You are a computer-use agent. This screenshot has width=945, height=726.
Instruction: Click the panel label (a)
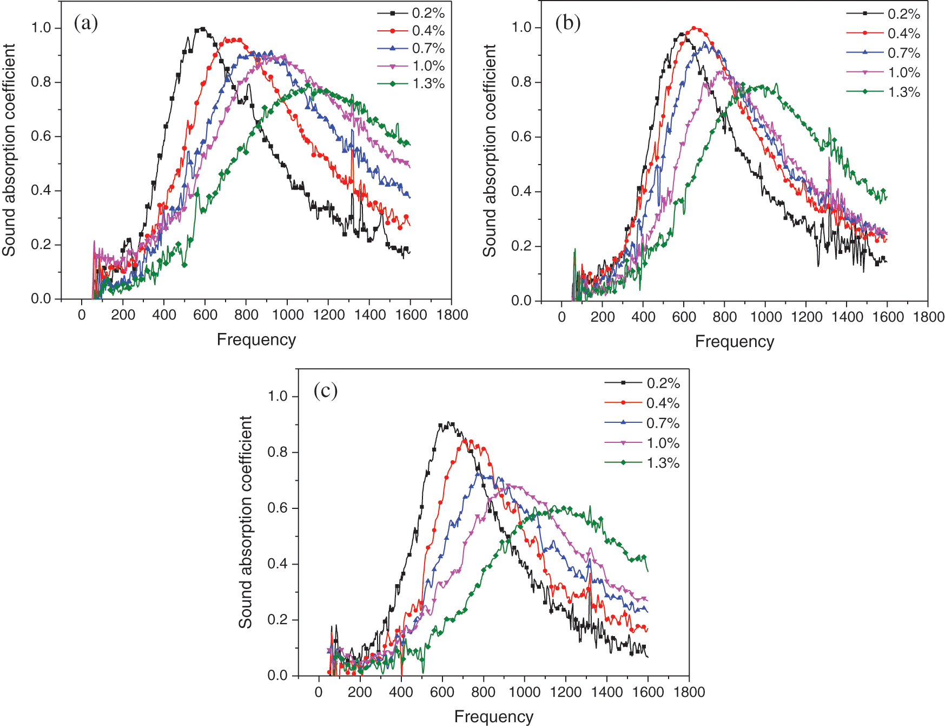pos(86,23)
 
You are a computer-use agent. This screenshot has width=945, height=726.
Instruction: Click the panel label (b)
pos(568,23)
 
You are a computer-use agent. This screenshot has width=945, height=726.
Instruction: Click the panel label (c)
pos(326,390)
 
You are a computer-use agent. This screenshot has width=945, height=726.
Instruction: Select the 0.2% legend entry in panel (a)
pos(411,13)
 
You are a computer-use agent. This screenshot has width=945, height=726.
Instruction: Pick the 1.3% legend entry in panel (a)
pos(411,83)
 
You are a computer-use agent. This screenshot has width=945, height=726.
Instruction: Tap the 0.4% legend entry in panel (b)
pos(883,34)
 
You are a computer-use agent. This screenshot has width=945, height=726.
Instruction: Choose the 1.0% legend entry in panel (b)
pos(883,73)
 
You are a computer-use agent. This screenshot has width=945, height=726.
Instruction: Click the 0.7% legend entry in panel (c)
pos(642,423)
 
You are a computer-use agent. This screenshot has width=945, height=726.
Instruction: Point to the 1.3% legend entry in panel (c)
pos(642,463)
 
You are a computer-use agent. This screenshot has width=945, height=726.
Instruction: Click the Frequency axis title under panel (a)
pos(256,339)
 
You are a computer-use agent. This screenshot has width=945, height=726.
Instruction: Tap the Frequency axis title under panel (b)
pos(735,342)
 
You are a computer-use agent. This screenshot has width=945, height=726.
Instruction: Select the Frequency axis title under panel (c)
pos(494,716)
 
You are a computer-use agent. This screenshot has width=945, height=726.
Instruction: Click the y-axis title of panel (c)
pos(246,522)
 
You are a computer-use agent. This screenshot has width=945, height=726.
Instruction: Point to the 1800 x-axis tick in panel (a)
pos(452,315)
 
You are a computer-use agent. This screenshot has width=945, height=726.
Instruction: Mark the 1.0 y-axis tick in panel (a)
pos(41,28)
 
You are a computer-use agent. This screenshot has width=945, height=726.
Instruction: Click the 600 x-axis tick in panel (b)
pos(684,317)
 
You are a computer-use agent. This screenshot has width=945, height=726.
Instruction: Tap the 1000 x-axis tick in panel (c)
pos(524,692)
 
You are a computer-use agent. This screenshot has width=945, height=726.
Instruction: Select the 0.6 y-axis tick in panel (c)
pos(277,508)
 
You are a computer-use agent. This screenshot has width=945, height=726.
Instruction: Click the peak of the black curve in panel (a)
pos(202,28)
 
